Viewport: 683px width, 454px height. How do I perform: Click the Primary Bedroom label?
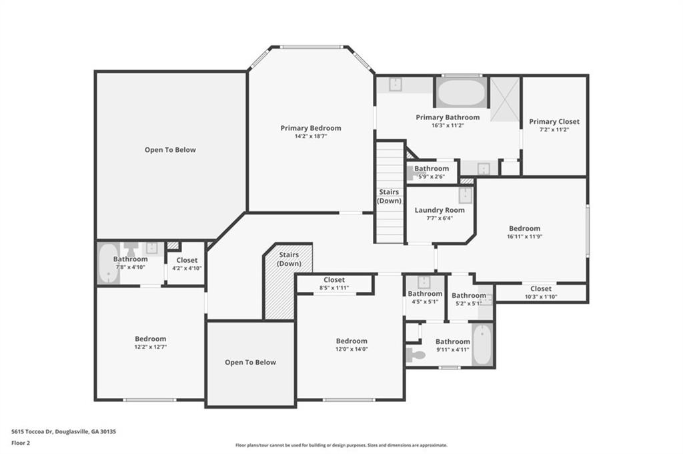click(311, 128)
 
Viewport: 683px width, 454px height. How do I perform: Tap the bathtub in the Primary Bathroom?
click(462, 92)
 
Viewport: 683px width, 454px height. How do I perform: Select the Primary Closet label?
click(554, 121)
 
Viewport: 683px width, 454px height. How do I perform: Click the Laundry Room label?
click(440, 210)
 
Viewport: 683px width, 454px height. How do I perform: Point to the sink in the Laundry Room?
click(465, 195)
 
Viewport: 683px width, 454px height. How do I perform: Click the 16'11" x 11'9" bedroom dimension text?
click(524, 237)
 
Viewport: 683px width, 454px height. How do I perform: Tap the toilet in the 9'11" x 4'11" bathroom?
click(416, 355)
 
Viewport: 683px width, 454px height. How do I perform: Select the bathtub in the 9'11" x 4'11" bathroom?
click(482, 344)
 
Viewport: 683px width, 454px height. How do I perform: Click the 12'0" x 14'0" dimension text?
click(352, 349)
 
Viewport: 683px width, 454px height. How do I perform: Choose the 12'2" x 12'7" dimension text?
click(150, 347)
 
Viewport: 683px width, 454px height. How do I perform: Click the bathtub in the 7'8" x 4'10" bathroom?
click(108, 263)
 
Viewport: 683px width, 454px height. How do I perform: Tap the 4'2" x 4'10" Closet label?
click(187, 260)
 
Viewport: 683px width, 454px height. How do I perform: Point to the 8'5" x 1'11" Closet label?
click(334, 280)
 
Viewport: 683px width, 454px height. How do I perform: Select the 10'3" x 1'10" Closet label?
click(541, 289)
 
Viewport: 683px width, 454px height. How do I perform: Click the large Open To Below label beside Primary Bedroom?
click(170, 150)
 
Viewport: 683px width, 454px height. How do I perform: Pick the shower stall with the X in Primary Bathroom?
click(505, 99)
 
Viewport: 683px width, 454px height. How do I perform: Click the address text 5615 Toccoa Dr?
click(32, 432)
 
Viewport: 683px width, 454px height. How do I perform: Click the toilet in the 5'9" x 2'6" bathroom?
click(411, 173)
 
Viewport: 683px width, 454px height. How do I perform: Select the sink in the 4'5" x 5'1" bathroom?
click(424, 282)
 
